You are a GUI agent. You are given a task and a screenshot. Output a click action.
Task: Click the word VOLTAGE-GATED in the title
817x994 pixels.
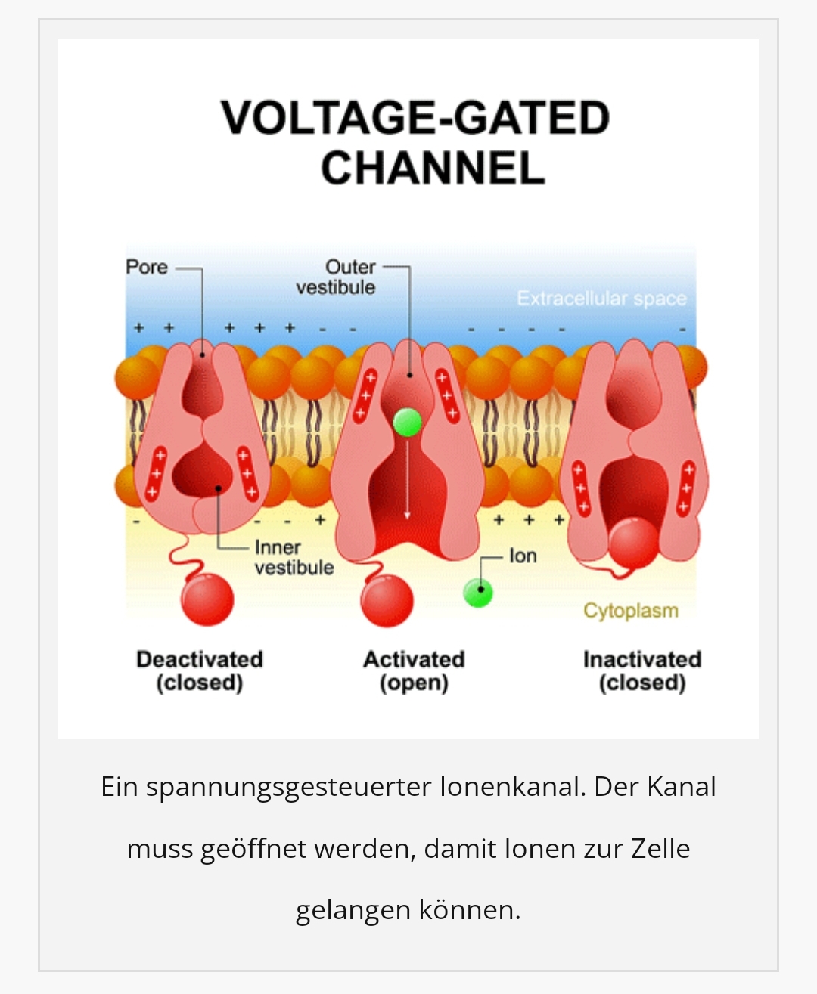[x=415, y=118]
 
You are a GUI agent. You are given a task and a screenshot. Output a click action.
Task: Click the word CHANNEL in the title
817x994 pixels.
[x=433, y=168]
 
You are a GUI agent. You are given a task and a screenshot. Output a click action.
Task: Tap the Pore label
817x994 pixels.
[x=147, y=268]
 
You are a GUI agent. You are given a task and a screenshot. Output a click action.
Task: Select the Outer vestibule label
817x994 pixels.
[x=337, y=277]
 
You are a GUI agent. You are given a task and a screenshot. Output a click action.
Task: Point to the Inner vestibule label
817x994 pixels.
[x=294, y=558]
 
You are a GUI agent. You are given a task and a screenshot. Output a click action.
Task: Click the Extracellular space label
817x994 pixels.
[x=601, y=299]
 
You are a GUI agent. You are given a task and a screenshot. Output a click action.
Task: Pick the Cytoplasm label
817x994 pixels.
[x=630, y=611]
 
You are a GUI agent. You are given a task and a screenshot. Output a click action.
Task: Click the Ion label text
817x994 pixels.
[x=523, y=556]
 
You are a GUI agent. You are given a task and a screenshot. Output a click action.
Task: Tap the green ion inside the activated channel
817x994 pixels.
[x=407, y=423]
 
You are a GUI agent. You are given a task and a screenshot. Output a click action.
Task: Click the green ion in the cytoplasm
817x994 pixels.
[x=477, y=593]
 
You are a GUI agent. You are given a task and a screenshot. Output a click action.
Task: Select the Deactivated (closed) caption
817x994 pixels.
[x=200, y=671]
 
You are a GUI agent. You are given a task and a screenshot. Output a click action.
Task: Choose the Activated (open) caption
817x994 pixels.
[x=414, y=671]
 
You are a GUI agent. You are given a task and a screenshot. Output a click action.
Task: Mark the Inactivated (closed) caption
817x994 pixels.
[x=642, y=671]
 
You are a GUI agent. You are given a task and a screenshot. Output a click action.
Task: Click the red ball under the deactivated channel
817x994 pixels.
[x=207, y=599]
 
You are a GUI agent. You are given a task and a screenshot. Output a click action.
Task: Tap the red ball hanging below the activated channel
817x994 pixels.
[x=387, y=601]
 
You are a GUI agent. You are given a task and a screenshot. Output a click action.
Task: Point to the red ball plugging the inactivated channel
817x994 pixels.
[x=633, y=543]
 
